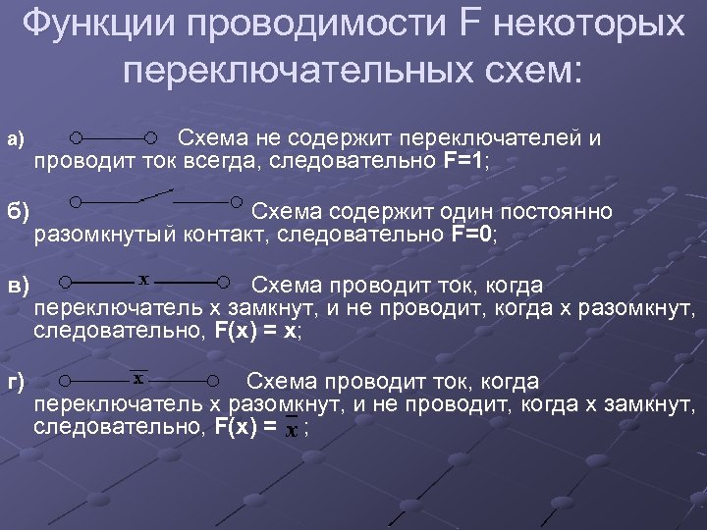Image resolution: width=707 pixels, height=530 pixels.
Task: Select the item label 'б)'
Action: (x=19, y=211)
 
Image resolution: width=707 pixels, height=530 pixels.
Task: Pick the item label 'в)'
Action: (x=20, y=286)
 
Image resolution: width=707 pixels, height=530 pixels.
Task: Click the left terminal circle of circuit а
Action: (x=76, y=137)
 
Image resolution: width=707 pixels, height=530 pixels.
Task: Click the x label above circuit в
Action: (x=143, y=279)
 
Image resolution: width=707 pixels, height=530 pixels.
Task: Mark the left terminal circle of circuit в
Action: (x=64, y=283)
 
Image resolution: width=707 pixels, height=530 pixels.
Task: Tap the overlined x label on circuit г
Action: (x=138, y=377)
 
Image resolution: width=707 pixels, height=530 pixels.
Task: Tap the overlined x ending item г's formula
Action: (x=292, y=428)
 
